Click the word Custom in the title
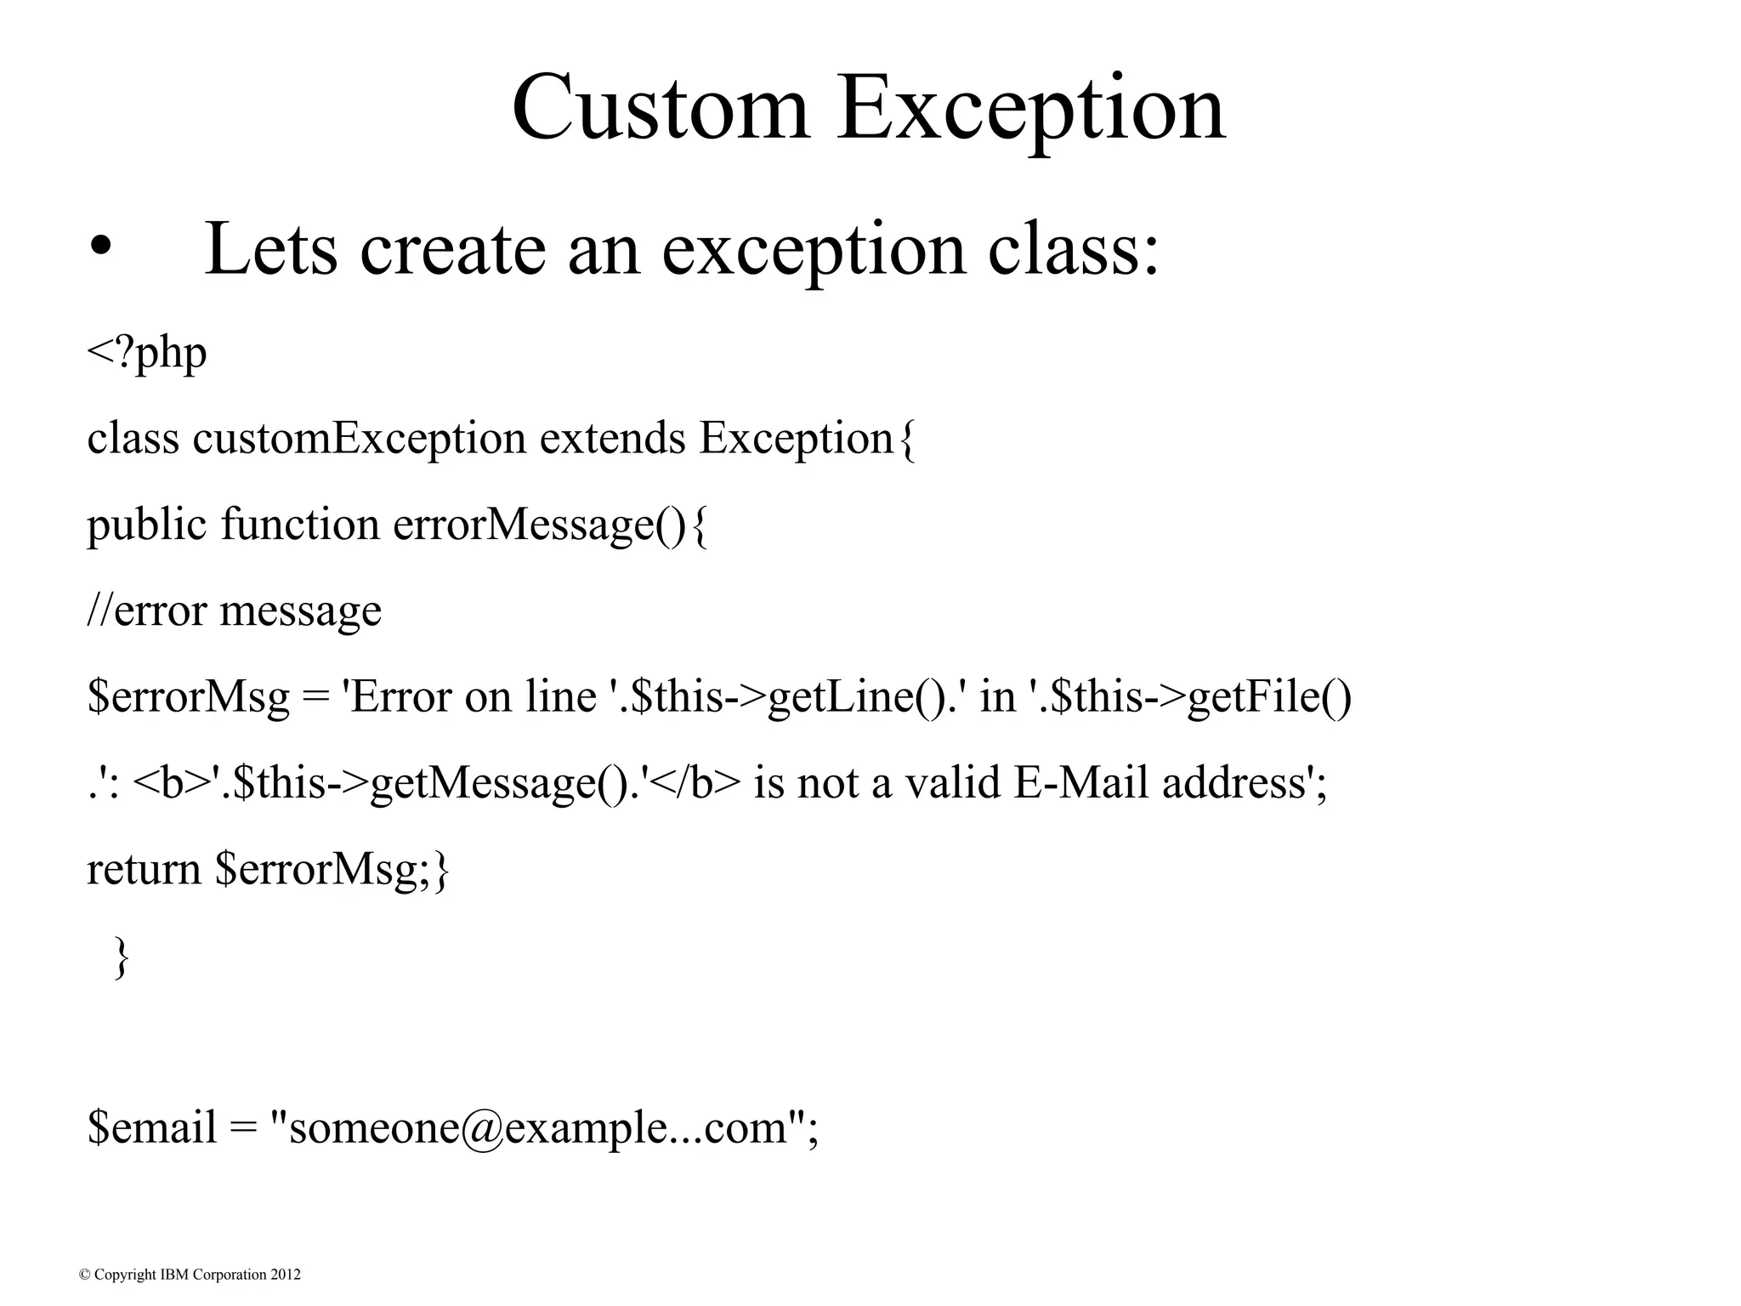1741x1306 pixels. click(660, 109)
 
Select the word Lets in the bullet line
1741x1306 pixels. click(270, 248)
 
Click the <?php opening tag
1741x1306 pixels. click(146, 352)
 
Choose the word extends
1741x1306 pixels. click(612, 439)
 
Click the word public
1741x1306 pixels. click(146, 525)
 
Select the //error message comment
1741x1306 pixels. click(234, 610)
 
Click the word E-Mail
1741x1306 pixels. click(1081, 782)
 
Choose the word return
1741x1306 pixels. click(143, 869)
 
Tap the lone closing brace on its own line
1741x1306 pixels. click(121, 957)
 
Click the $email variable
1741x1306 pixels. click(151, 1128)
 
